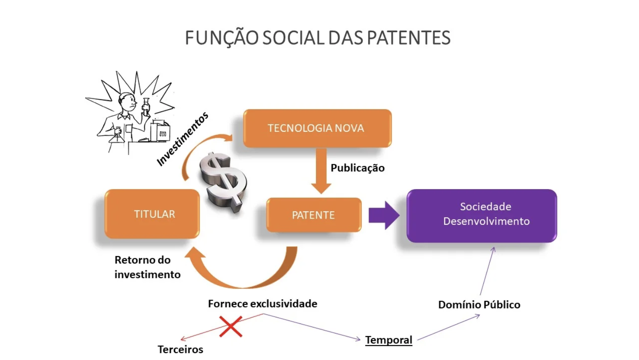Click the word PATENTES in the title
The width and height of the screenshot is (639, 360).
coord(408,38)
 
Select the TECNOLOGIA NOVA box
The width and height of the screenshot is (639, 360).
coord(317,128)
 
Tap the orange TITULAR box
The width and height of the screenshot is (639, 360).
coord(152,214)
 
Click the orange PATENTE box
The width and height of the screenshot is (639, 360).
coord(313,215)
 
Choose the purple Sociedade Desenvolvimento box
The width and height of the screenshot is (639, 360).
coord(482,215)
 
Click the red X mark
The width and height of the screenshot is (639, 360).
coord(230,327)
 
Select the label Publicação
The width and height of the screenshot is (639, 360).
coord(357,168)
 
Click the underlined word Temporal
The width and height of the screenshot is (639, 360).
coord(389,340)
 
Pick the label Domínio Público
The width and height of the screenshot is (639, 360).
coord(479,304)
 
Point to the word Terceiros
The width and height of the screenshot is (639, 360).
coord(180,349)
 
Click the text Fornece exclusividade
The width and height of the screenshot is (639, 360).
coord(263,303)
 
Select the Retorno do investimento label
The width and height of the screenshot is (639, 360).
coord(147,267)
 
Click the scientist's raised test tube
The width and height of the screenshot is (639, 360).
coord(146,106)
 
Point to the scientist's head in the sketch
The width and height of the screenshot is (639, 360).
coord(127,101)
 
